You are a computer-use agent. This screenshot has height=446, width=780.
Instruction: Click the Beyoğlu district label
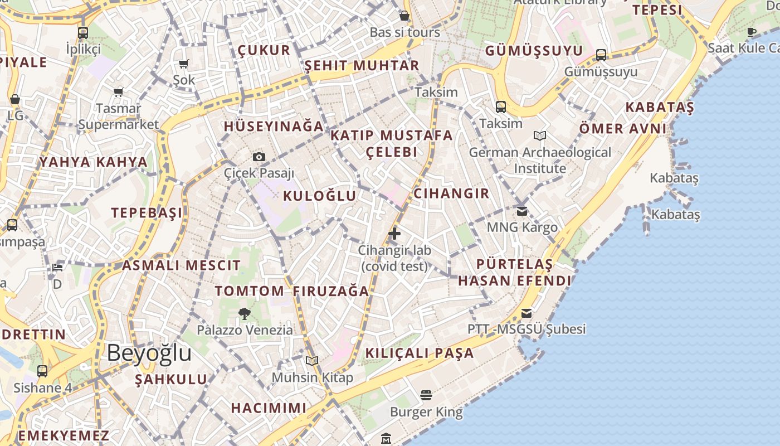[x=149, y=353]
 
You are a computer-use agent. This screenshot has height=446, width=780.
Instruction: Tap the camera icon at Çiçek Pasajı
[x=259, y=157]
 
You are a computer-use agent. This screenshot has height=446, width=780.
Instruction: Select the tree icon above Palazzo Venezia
[x=244, y=314]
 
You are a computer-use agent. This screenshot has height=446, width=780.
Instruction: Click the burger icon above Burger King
[x=426, y=396]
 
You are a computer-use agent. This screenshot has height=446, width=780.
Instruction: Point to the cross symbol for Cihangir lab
[x=394, y=233]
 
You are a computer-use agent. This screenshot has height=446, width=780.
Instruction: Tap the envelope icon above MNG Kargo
[x=522, y=211]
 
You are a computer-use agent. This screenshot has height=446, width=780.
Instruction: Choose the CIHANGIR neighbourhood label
[x=451, y=193]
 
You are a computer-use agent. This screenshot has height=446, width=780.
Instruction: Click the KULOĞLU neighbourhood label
[x=320, y=196]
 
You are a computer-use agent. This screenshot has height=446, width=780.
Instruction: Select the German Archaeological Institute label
[x=540, y=160]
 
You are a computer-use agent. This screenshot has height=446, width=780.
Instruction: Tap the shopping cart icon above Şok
[x=184, y=64]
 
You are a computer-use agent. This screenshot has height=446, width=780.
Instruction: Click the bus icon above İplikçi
[x=83, y=32]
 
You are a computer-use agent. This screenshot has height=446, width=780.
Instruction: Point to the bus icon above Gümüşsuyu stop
[x=601, y=55]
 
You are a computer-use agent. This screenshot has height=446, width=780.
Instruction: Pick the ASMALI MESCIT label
[x=181, y=265]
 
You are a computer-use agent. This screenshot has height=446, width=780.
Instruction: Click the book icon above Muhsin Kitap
[x=312, y=361]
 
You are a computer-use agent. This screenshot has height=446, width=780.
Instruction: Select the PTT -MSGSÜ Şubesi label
[x=526, y=329]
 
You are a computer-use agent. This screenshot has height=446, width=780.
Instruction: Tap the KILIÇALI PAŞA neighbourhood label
[x=420, y=353]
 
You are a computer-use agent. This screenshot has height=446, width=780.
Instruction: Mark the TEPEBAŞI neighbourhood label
[x=147, y=213]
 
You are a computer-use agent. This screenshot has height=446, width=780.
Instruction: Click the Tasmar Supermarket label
[x=119, y=116]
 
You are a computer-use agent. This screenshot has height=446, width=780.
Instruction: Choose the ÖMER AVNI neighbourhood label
[x=623, y=129]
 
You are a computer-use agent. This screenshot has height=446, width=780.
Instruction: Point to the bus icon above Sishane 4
[x=42, y=371]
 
